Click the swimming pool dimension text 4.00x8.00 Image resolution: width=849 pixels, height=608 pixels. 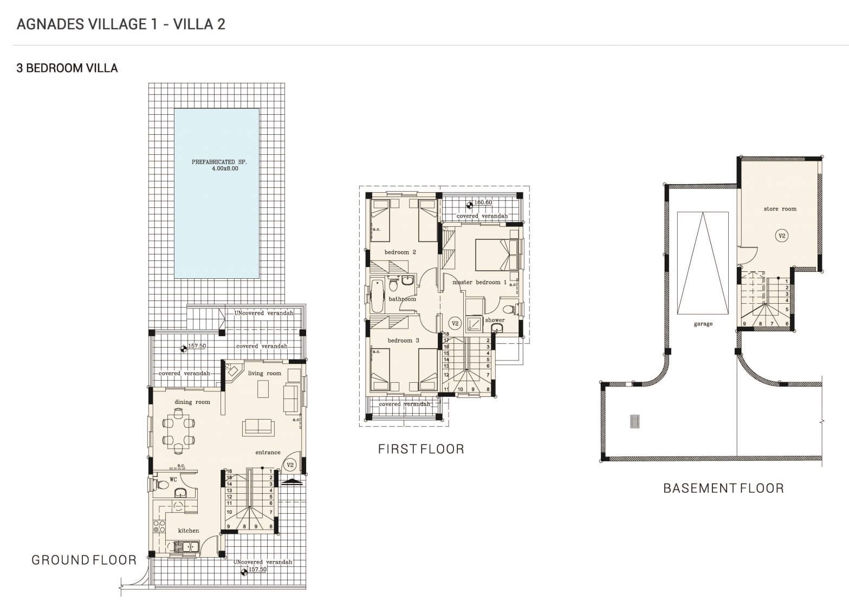point(225,168)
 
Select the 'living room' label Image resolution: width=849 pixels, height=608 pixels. point(264,373)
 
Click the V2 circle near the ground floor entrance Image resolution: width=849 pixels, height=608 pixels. point(290,465)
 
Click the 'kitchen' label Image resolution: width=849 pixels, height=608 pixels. point(189,531)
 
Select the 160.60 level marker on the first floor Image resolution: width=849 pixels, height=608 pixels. point(479,203)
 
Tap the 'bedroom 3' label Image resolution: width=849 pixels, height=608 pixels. point(403,341)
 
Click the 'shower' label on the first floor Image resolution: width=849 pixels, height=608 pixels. point(495,320)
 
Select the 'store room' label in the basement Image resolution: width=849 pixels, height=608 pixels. point(780,209)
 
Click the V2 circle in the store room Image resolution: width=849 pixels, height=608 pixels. point(782,236)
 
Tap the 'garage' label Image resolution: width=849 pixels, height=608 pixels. point(703,324)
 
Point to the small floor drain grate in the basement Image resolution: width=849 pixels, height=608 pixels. point(635,421)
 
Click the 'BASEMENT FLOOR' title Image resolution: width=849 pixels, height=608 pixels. point(723,488)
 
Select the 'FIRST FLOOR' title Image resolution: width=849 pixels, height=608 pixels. point(421,449)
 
